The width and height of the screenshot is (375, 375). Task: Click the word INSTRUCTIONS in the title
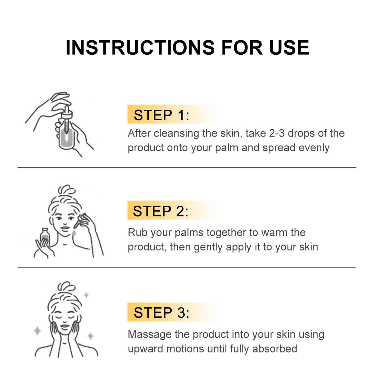(x=140, y=47)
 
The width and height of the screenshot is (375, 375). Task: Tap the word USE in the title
(x=289, y=47)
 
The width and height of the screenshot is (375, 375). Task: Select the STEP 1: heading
(x=161, y=115)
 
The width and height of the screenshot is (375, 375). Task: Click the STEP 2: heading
(x=161, y=211)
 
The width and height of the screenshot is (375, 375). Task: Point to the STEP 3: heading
(x=161, y=313)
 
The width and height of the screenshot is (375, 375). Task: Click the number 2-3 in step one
(x=277, y=133)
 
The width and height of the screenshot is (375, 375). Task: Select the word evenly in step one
(x=314, y=148)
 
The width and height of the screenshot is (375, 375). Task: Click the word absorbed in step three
(x=275, y=349)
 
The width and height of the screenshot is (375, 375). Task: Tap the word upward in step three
(x=146, y=349)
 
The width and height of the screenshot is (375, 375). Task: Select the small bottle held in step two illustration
(x=45, y=236)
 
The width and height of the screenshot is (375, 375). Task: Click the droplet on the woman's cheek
(x=73, y=232)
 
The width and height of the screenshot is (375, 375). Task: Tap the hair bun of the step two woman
(x=67, y=190)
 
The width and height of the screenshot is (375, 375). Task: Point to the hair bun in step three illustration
(x=67, y=286)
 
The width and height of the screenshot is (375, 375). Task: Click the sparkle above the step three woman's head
(x=86, y=295)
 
